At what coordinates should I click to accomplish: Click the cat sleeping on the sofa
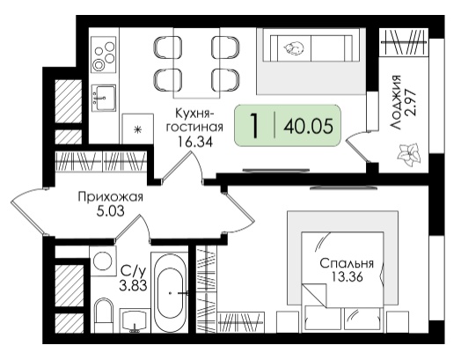pos(293,48)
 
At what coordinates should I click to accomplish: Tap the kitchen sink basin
pos(104,98)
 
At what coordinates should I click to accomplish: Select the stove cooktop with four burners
pos(103,55)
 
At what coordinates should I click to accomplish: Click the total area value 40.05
pos(309,126)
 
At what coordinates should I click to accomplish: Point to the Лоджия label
pos(396,102)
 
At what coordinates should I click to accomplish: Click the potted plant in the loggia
pos(408,154)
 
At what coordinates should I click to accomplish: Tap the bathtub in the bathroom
pos(170,292)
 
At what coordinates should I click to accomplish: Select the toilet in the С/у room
pos(104,315)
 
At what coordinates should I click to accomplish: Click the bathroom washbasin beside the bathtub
pos(135,320)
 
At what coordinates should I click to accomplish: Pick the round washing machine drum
pos(102,261)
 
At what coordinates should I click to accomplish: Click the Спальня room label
pos(347,263)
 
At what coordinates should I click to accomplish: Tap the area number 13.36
pos(347,276)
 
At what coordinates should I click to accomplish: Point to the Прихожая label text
pos(111,197)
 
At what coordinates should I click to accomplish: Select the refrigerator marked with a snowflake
pos(137,129)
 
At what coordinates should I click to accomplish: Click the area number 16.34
pos(194,142)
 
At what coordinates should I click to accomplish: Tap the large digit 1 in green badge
pos(254,126)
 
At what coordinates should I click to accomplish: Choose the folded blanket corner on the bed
pos(314,295)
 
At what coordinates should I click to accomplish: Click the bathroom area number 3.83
pos(133,285)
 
